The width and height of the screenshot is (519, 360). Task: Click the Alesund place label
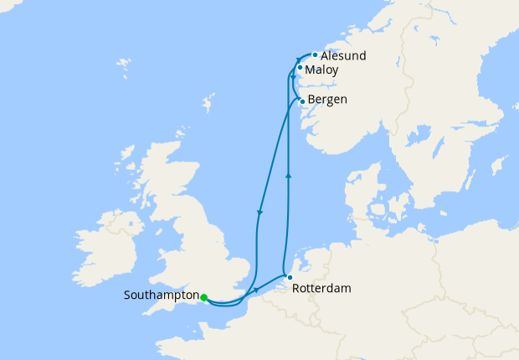343,56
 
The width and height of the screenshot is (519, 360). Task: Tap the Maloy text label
321,70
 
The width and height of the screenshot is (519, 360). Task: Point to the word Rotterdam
321,288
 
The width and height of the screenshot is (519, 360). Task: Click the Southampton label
160,296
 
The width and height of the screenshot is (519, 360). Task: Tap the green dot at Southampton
204,296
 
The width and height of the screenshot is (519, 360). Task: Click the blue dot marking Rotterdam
289,277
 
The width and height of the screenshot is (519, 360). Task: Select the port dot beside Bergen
302,101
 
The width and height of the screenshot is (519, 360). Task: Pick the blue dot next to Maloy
300,68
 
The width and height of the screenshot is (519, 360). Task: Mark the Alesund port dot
315,55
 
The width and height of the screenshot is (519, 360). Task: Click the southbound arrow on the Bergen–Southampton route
260,212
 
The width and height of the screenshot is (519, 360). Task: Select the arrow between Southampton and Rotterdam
254,291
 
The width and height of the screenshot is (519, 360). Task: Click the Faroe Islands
125,64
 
